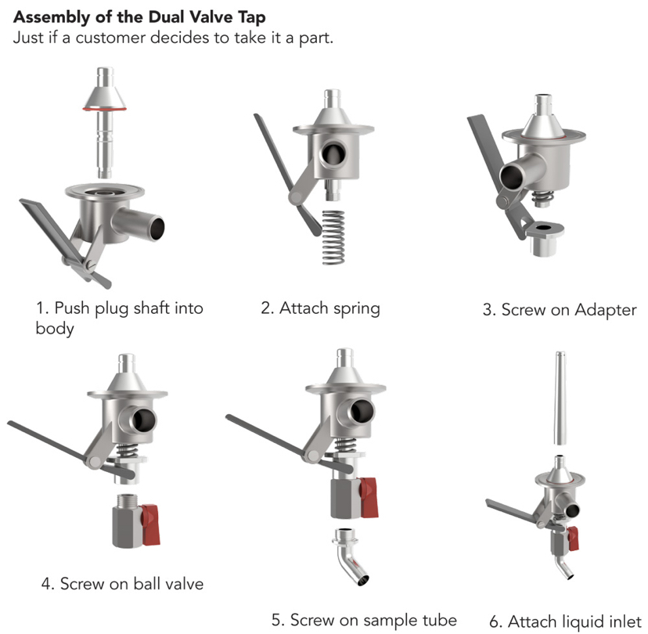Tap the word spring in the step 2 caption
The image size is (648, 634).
(355, 308)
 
